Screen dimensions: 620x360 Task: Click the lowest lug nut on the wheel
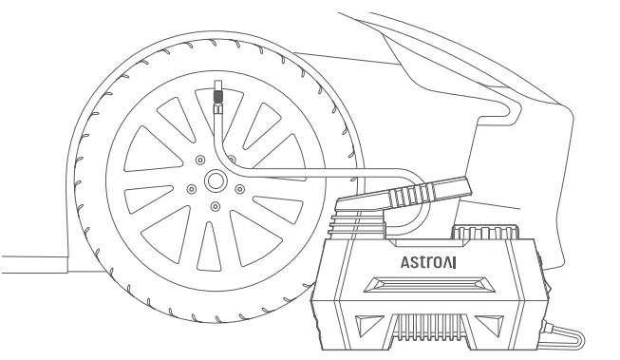point(216,206)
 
